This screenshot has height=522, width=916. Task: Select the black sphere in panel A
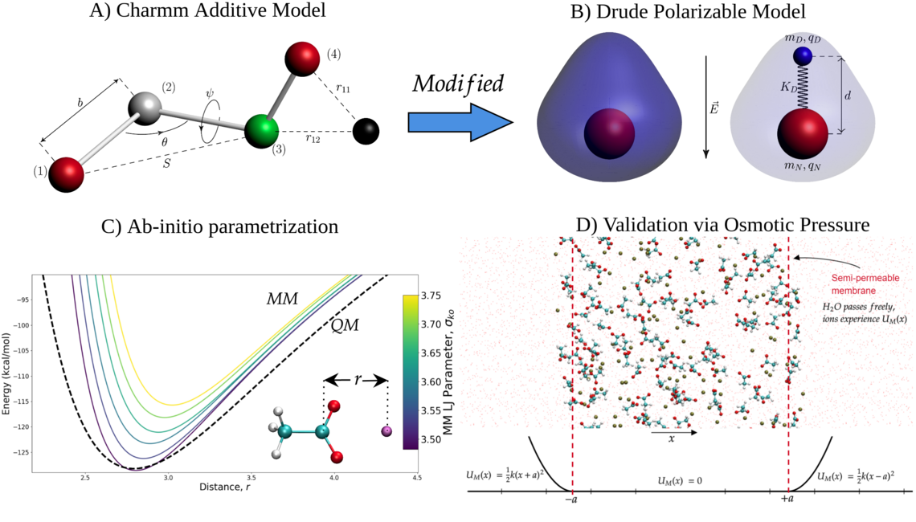[366, 130]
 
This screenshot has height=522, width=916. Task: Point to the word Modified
[458, 84]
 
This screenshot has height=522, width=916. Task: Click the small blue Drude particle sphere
[801, 55]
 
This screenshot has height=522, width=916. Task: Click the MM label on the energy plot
[282, 300]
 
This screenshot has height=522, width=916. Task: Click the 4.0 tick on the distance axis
[333, 477]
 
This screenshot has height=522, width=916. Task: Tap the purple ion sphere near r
[386, 431]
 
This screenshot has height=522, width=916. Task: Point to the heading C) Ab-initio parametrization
[219, 226]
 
